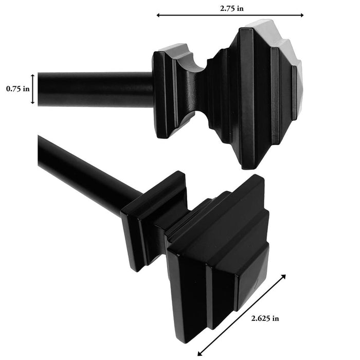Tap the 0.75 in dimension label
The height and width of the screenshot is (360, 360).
(17, 89)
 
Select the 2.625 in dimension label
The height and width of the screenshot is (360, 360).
(265, 318)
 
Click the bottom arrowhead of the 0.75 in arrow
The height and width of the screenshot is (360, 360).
(34, 103)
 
